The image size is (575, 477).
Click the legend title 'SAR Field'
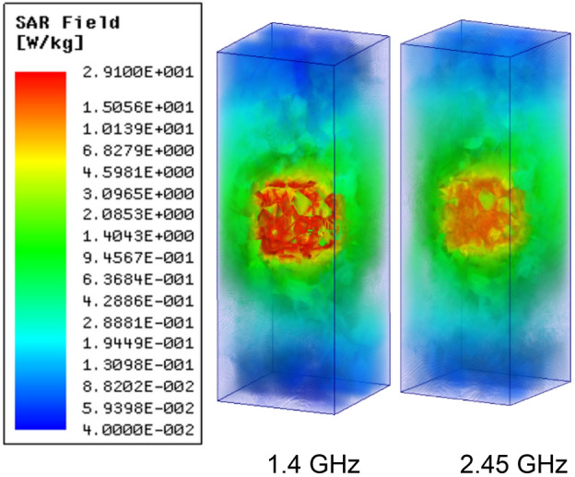tap(54, 18)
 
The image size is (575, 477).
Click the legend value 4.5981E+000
tap(135, 171)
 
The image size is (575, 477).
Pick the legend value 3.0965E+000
tap(135, 193)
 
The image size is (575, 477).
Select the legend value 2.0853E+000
tap(135, 214)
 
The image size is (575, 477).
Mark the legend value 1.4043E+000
tap(135, 236)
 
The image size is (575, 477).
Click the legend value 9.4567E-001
tap(135, 257)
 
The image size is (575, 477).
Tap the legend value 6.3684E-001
tap(135, 280)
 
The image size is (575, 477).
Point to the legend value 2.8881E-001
tap(135, 323)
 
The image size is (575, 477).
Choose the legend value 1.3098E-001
tap(135, 365)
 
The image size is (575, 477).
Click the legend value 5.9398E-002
tap(135, 409)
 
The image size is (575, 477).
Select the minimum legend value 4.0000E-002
tap(135, 431)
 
